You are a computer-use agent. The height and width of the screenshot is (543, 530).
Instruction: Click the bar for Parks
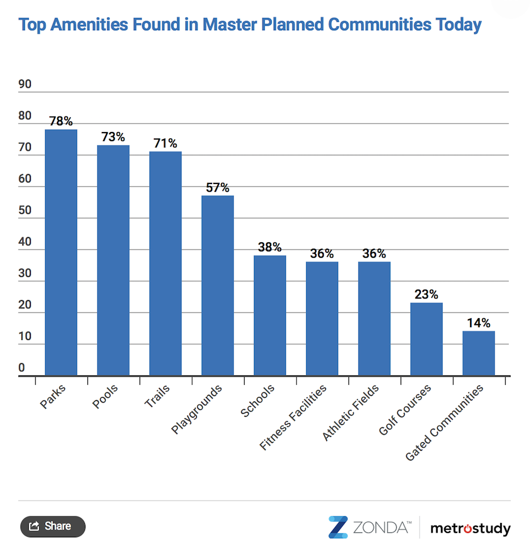[x=61, y=252]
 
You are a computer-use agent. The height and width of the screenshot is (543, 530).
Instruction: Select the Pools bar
[x=113, y=260]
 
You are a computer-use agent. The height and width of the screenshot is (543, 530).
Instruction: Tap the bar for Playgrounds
[x=218, y=285]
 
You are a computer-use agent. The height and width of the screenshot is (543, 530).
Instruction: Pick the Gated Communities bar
[x=479, y=353]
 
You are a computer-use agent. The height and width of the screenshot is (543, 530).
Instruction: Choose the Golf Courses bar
[x=427, y=339]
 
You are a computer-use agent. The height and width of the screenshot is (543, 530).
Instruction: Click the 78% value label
[x=61, y=121]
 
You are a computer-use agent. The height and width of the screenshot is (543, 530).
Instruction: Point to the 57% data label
[x=218, y=188]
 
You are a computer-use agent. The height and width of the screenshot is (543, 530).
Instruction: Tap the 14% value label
[x=479, y=323]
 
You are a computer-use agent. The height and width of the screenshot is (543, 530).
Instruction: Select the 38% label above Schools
[x=270, y=248]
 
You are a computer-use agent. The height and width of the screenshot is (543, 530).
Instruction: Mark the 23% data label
[x=427, y=295]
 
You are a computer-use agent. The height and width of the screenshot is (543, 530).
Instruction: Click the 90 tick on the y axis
[x=25, y=84]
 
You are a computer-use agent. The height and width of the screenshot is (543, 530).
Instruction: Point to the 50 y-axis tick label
[x=25, y=211]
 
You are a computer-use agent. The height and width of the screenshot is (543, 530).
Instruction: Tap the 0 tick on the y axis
[x=22, y=368]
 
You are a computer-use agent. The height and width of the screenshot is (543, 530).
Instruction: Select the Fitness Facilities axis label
[x=293, y=417]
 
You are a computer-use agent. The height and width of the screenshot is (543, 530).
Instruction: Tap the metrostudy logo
[x=470, y=528]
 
